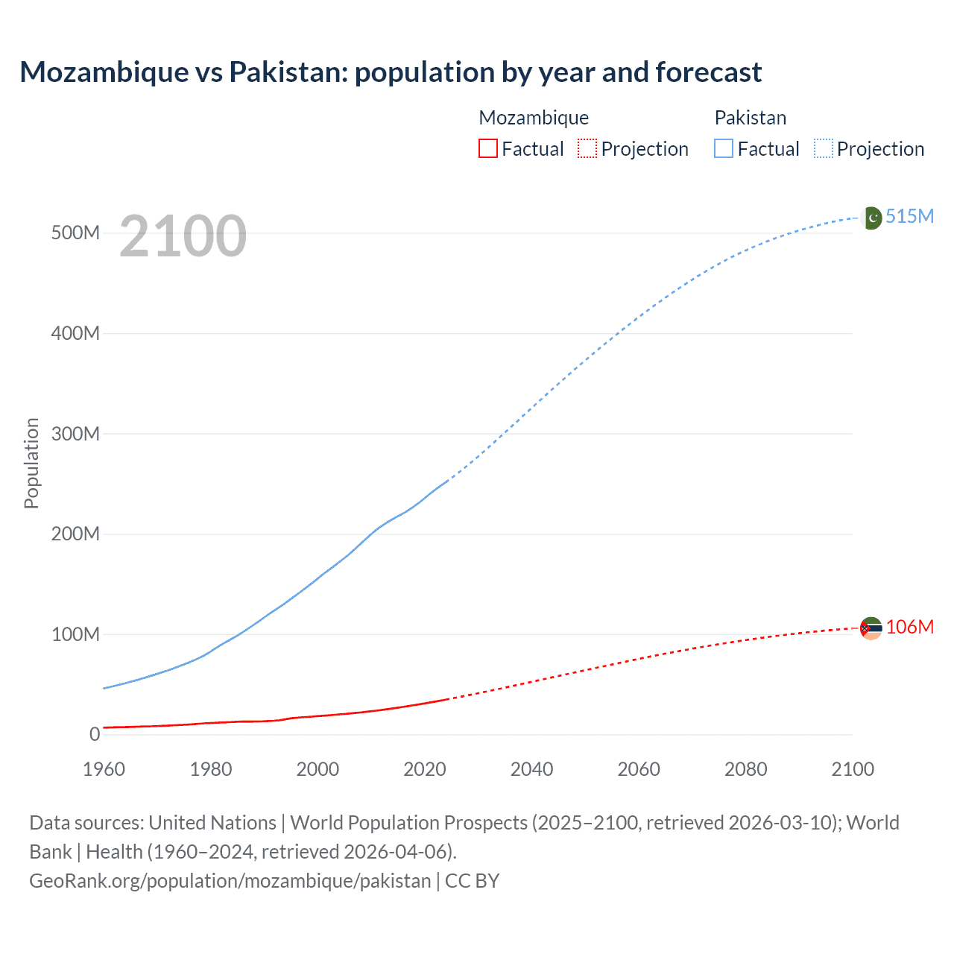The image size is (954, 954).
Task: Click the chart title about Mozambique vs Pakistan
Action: tap(391, 72)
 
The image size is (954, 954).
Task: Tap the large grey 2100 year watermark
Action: tap(183, 236)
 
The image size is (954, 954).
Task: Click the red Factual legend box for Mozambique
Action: tap(487, 148)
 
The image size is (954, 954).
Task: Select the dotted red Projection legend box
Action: tap(587, 148)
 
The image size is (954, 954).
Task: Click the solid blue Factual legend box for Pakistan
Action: tap(723, 148)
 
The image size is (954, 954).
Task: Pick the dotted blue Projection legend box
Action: tap(823, 148)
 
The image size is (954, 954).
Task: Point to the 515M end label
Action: tap(909, 216)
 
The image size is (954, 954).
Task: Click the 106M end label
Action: tap(909, 627)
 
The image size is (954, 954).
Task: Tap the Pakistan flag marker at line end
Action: tap(871, 218)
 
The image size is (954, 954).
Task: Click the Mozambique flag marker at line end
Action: tap(871, 628)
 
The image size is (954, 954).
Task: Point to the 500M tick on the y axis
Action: tap(75, 233)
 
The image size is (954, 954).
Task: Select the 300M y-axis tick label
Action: tap(75, 434)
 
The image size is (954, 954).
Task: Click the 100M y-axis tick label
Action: tap(75, 634)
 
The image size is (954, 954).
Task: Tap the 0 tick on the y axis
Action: tap(94, 734)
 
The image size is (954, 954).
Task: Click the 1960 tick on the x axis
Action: tap(104, 769)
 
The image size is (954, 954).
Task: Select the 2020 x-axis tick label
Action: tap(425, 769)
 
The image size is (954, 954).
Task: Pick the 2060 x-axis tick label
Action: tap(639, 769)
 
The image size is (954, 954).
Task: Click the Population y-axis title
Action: tap(31, 463)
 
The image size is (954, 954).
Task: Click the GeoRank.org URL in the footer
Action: tap(230, 880)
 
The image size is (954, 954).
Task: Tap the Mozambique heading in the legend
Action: tap(534, 118)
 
